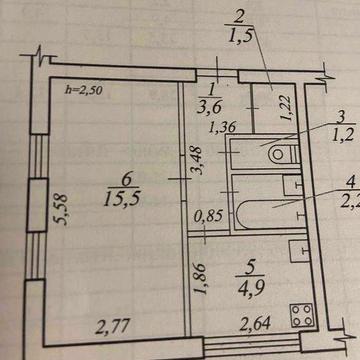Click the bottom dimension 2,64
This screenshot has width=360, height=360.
(249, 323)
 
